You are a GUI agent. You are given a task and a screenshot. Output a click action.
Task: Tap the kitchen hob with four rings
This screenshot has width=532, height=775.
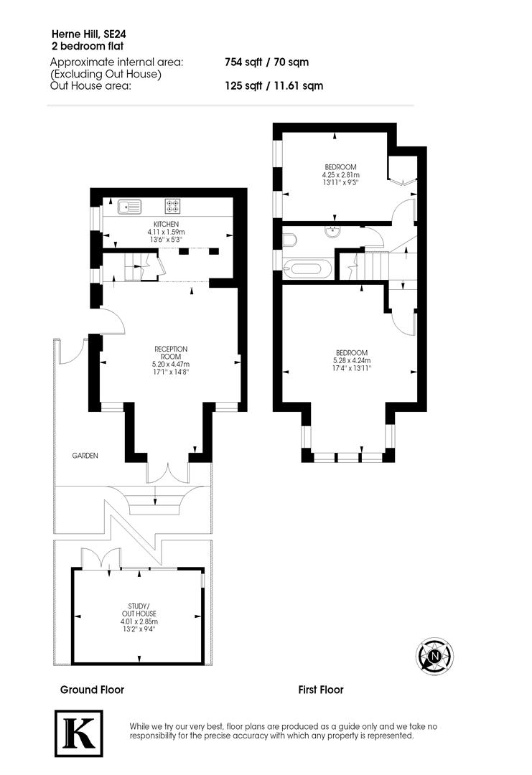pyautogui.click(x=172, y=207)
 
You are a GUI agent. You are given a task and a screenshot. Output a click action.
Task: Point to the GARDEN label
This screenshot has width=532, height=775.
pyautogui.click(x=84, y=456)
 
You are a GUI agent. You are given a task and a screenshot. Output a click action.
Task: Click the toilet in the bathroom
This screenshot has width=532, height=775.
pyautogui.click(x=289, y=238)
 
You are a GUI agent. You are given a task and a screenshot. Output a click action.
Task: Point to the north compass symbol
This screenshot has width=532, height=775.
pyautogui.click(x=434, y=655)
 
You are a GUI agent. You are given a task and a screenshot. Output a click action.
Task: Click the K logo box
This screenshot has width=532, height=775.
pyautogui.click(x=79, y=733)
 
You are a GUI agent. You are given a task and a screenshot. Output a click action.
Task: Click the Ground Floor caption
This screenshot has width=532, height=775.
pyautogui.click(x=92, y=690)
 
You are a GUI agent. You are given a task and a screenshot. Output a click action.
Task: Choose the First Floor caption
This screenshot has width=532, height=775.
pyautogui.click(x=321, y=690)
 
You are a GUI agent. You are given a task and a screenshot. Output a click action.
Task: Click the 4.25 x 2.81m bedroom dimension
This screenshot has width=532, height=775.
pyautogui.click(x=341, y=174)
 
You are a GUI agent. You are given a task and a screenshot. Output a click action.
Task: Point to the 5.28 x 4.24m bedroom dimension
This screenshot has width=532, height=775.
pyautogui.click(x=351, y=360)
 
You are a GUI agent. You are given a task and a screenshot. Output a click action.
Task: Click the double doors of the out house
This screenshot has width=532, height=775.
pyautogui.click(x=98, y=558)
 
